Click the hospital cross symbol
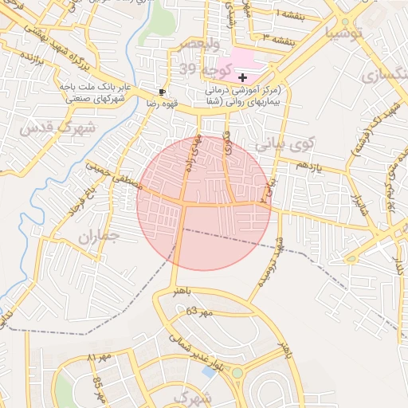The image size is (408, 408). (243, 77)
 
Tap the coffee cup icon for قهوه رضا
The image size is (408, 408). (163, 92)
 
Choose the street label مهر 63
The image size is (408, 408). (201, 312)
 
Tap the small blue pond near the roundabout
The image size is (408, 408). (208, 371)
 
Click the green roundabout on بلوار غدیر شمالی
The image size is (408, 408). (237, 372)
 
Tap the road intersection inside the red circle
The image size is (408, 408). (182, 205)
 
